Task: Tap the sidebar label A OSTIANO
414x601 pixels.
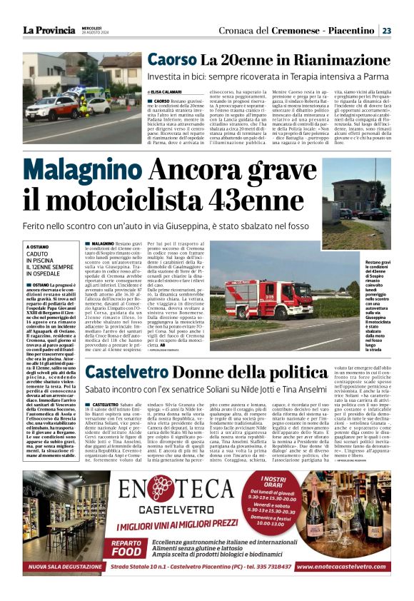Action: point(39,246)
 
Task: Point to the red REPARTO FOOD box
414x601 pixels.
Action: point(131,546)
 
